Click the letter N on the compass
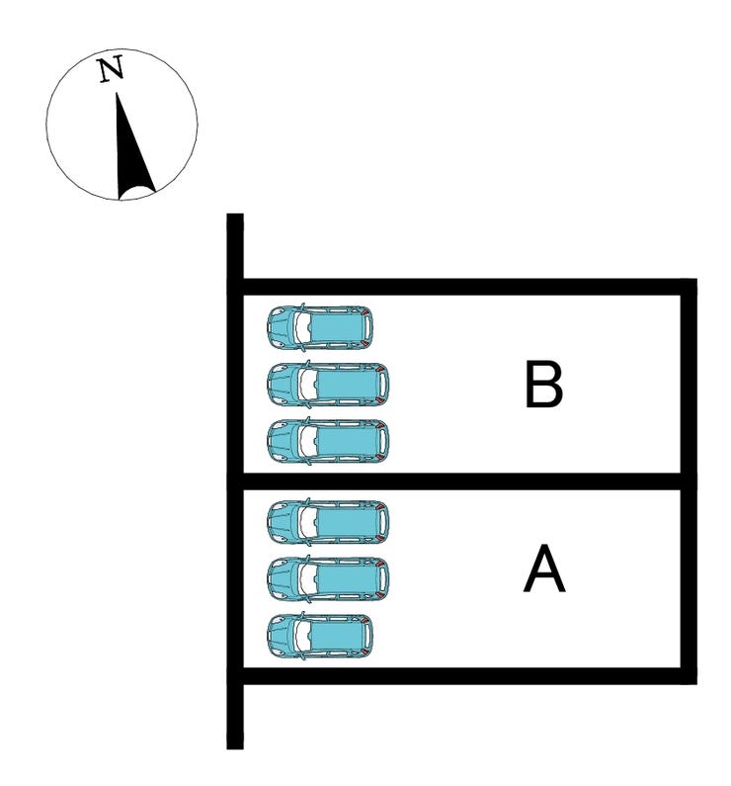pos(111,70)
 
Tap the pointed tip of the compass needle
pos(119,94)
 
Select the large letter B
pos(543,385)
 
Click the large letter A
pos(543,570)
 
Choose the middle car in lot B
pos(328,384)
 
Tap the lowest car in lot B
pos(328,441)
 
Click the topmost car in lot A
pos(328,521)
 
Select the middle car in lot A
pos(328,578)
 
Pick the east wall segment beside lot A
pos(690,578)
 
